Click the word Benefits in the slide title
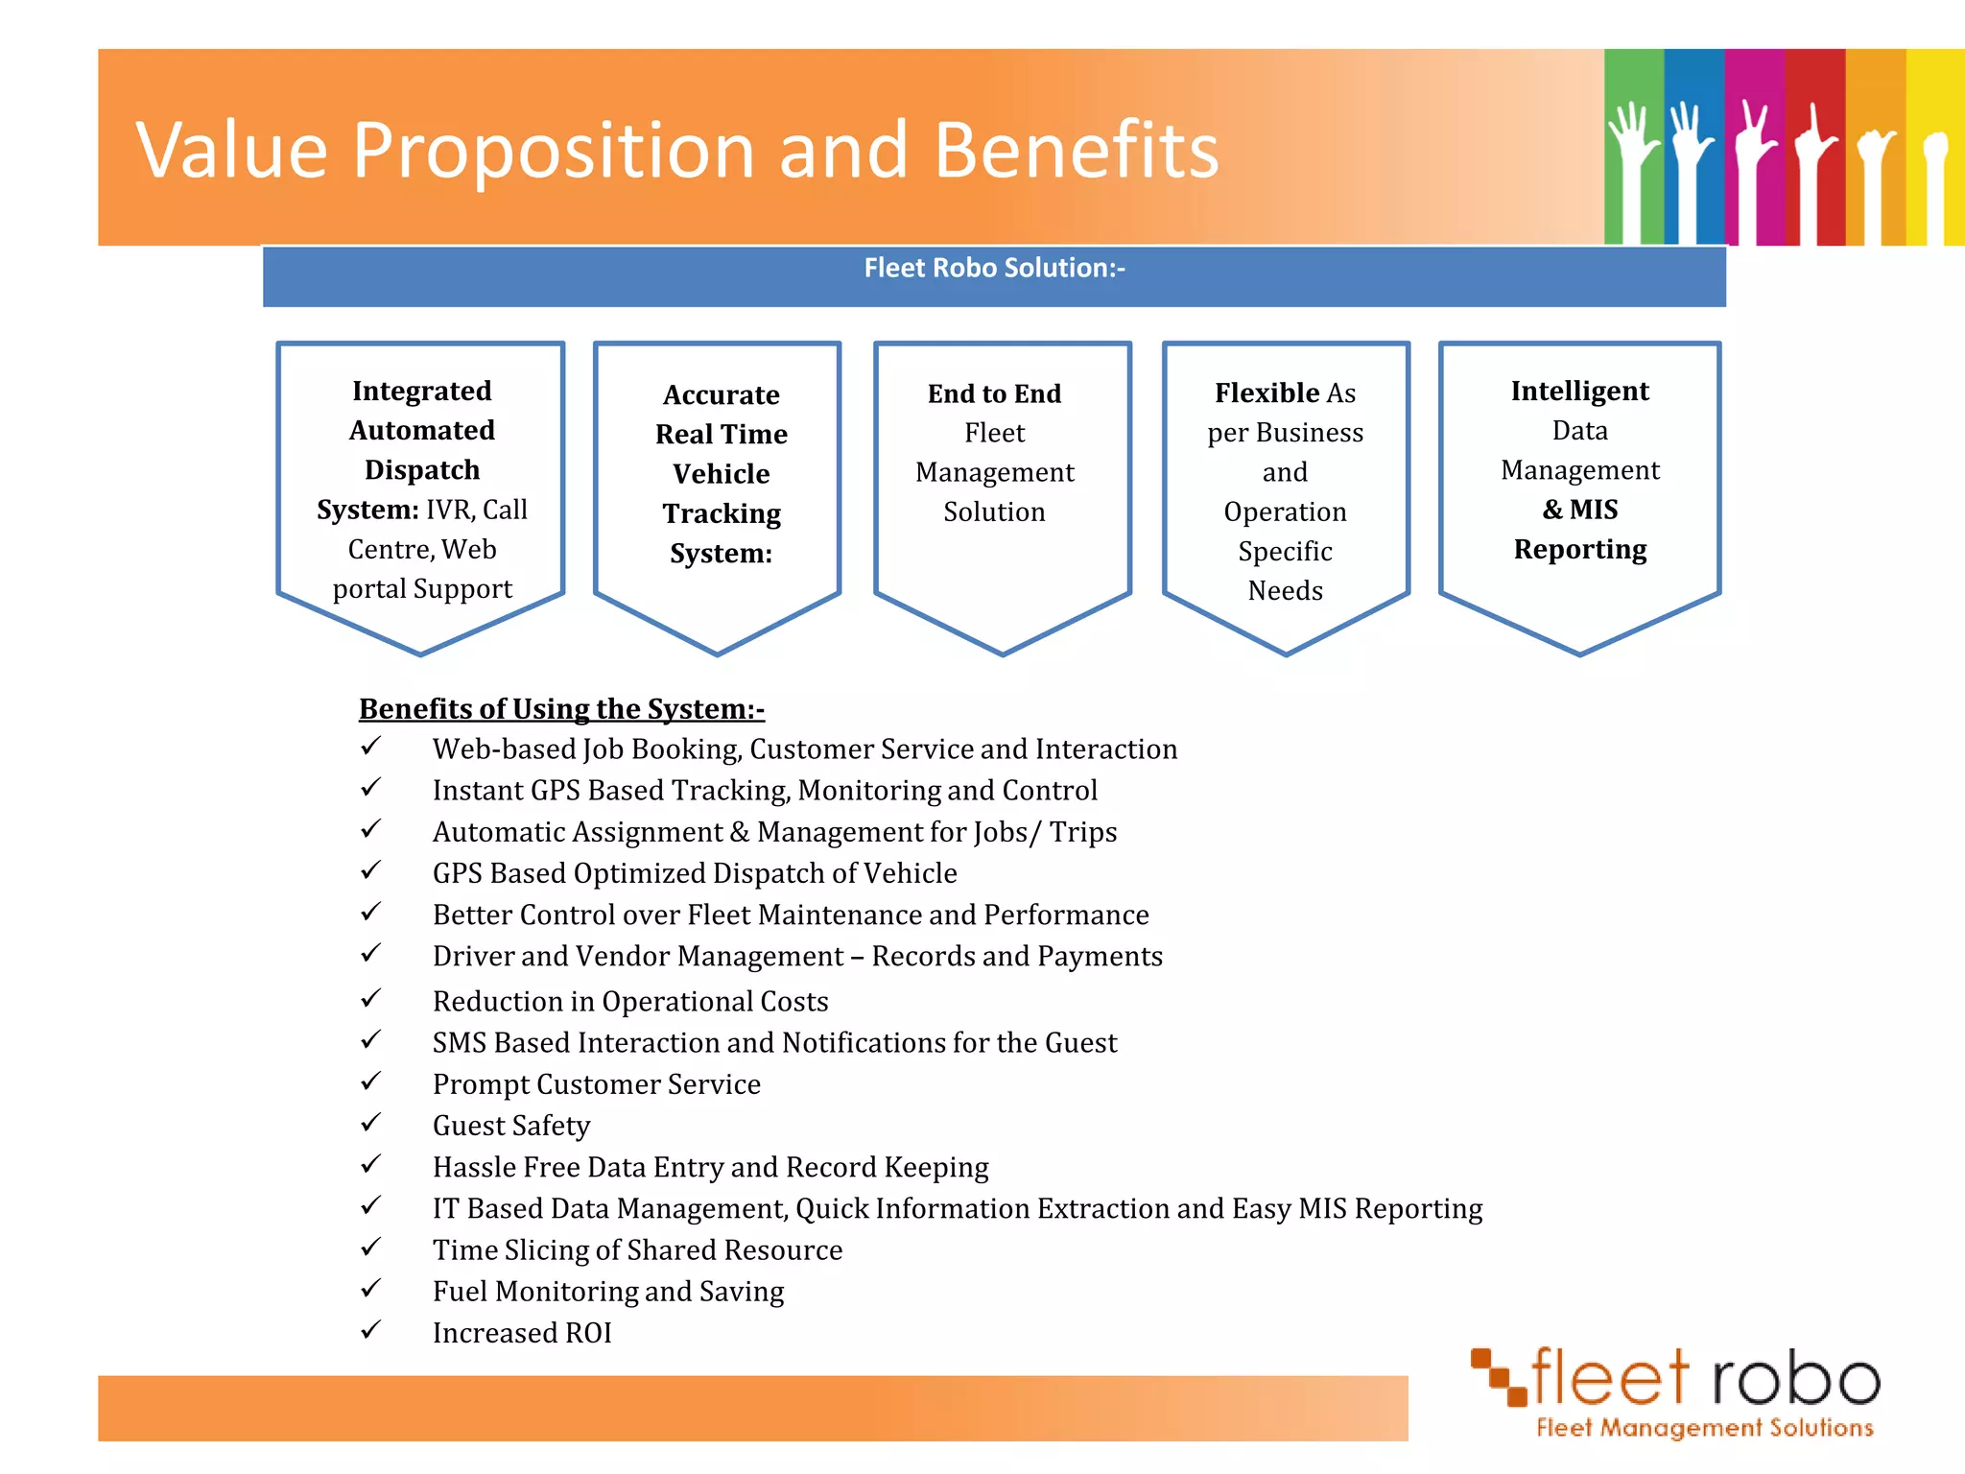1075,151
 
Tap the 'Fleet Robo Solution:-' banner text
994,268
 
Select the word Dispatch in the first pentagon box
422,470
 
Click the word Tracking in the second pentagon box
722,514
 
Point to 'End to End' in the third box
994,393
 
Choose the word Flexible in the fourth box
1265,392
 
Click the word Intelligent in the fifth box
1579,391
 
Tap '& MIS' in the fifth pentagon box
1579,510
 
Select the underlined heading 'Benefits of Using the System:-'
561,708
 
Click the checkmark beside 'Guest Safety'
371,1122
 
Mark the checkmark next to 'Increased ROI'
371,1329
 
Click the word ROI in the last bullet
588,1333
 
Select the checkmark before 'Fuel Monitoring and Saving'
371,1288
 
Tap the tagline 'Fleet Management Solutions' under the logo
1704,1428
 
